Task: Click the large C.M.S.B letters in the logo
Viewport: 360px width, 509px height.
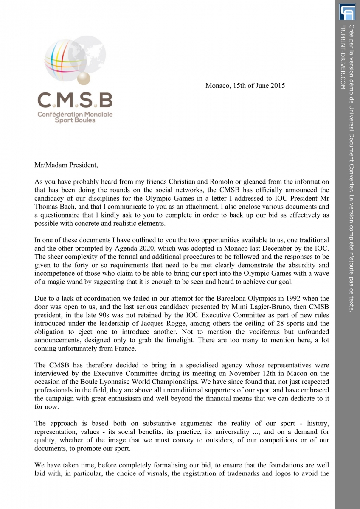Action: (x=75, y=101)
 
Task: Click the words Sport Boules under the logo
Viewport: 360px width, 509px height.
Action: (x=75, y=120)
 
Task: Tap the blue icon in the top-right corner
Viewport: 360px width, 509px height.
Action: (x=347, y=12)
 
